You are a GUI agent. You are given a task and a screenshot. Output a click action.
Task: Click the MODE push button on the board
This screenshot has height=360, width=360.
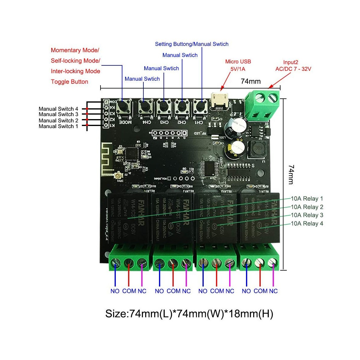coord(123,106)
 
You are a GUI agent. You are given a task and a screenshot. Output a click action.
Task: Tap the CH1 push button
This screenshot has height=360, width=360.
coord(200,106)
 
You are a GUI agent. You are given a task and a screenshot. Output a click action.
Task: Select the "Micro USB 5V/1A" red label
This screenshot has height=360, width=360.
coord(238,65)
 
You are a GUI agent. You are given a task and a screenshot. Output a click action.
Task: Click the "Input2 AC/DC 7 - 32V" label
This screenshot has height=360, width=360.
coord(293,65)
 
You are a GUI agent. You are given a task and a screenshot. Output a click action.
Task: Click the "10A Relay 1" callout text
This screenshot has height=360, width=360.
coord(307,199)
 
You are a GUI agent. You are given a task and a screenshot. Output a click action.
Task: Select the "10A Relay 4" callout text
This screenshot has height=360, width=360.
coord(307,223)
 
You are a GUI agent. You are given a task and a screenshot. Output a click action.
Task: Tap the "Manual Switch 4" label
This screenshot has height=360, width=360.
coord(58,109)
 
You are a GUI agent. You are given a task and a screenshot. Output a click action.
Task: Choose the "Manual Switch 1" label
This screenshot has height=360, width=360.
coord(58,126)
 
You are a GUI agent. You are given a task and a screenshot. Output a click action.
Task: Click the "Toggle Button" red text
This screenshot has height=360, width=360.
coord(69,82)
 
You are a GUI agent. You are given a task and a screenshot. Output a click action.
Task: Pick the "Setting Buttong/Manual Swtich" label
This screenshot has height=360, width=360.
coord(191,44)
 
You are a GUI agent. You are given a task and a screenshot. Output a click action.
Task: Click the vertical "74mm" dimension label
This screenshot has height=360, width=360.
coord(291,174)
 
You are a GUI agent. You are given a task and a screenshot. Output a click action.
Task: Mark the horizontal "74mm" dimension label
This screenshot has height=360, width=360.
coord(250,81)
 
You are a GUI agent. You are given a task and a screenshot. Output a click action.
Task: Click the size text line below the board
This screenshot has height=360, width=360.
coord(189,314)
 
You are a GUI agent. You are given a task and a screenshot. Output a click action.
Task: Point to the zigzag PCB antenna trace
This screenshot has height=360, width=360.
coord(106,157)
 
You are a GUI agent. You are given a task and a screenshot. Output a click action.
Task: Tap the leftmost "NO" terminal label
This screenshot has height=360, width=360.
coord(115,291)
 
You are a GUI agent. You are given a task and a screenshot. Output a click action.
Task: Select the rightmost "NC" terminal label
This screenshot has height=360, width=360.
coord(273,291)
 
